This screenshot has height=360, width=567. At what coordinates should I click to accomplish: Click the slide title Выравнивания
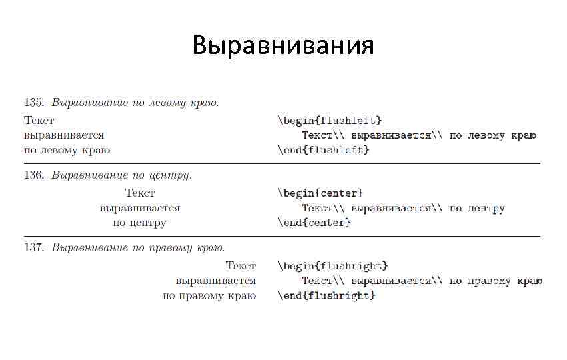pyautogui.click(x=283, y=45)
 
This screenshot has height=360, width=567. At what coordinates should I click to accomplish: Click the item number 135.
pyautogui.click(x=34, y=103)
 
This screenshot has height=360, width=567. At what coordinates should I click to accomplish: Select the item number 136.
pyautogui.click(x=34, y=175)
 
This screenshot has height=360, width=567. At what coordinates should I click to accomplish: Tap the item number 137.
pyautogui.click(x=34, y=248)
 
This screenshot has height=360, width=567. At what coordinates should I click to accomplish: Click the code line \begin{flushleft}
pyautogui.click(x=329, y=120)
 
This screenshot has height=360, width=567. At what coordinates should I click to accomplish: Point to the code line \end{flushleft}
pyautogui.click(x=323, y=150)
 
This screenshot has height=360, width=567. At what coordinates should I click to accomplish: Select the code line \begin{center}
pyautogui.click(x=320, y=193)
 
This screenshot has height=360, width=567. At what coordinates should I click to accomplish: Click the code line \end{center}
pyautogui.click(x=314, y=223)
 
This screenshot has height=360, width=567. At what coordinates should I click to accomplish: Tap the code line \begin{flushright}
pyautogui.click(x=332, y=266)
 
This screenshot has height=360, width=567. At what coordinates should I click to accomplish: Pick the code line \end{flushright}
pyautogui.click(x=326, y=295)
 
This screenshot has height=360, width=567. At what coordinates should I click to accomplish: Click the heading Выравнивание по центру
pyautogui.click(x=122, y=175)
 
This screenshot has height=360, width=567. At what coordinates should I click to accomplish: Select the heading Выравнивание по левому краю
pyautogui.click(x=135, y=103)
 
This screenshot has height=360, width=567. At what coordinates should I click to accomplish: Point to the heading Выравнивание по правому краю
pyautogui.click(x=138, y=248)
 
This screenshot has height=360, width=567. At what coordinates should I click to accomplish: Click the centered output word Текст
pyautogui.click(x=140, y=193)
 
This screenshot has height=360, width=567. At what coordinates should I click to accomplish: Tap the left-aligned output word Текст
pyautogui.click(x=39, y=120)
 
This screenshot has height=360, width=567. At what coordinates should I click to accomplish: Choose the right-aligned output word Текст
pyautogui.click(x=241, y=266)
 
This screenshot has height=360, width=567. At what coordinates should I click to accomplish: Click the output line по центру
pyautogui.click(x=140, y=223)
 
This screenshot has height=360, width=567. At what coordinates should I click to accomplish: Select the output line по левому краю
pyautogui.click(x=67, y=150)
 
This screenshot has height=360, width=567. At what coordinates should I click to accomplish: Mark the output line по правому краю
pyautogui.click(x=210, y=295)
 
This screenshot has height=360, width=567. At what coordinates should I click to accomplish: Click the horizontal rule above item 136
pyautogui.click(x=282, y=163)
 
